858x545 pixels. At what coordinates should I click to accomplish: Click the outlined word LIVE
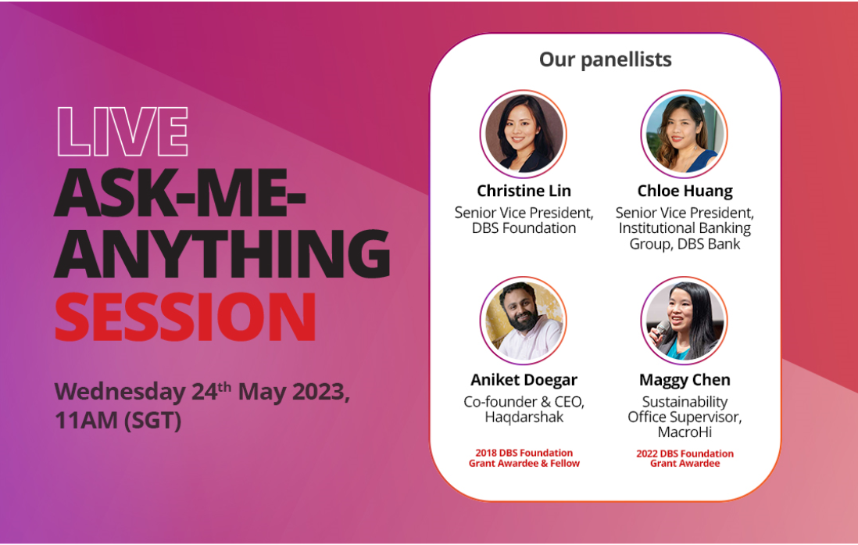123,131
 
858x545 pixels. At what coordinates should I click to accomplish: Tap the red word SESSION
185,317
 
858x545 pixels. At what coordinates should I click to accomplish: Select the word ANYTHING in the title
222,253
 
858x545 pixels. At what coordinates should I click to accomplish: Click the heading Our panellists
605,59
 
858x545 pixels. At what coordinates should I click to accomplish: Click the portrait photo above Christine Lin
524,134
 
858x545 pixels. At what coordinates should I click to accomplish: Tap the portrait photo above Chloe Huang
684,134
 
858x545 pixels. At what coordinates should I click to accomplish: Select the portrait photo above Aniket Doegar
524,321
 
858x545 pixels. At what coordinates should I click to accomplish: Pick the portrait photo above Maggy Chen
684,321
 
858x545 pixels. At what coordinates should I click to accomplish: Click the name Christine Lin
524,191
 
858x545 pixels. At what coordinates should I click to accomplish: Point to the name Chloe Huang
685,191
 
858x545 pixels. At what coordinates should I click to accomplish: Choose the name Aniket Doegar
524,379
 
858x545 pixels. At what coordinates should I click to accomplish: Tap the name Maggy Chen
685,380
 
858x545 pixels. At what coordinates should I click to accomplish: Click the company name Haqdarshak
524,417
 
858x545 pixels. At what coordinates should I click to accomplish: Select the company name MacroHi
685,432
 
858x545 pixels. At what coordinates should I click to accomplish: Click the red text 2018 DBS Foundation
524,453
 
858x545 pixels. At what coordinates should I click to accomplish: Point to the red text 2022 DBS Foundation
685,454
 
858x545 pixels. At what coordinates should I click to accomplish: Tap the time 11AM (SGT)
118,421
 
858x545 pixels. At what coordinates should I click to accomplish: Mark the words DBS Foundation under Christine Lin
524,228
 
